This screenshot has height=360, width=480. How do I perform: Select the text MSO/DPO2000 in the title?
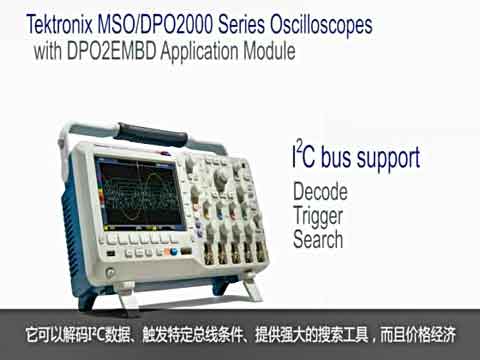click(x=145, y=21)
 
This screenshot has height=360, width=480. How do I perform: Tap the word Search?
click(x=318, y=239)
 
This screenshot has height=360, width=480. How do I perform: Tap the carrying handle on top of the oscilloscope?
click(x=150, y=131)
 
